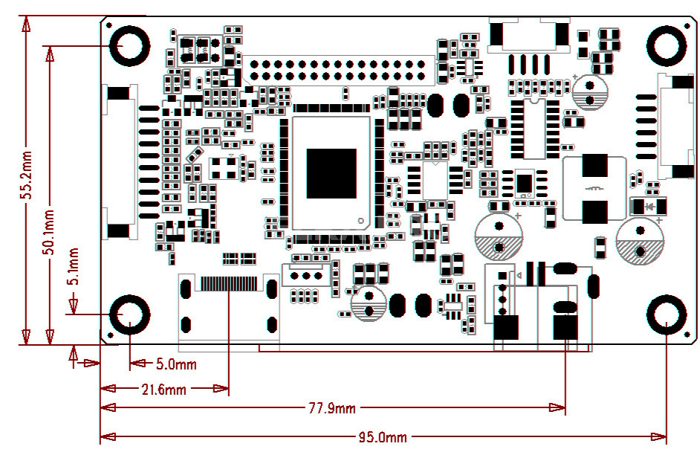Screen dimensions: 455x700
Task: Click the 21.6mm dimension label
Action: pyautogui.click(x=163, y=389)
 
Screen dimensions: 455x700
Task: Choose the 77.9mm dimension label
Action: pyautogui.click(x=332, y=408)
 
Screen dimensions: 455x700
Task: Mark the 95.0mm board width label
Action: pyautogui.click(x=383, y=438)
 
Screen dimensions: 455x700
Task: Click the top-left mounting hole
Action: pyautogui.click(x=129, y=46)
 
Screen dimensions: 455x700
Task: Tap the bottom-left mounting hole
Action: pyautogui.click(x=129, y=315)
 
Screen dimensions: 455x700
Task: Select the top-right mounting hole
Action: pyautogui.click(x=667, y=46)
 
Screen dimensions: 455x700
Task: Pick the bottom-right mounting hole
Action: pyautogui.click(x=667, y=315)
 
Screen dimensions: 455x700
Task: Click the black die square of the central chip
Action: pyautogui.click(x=331, y=173)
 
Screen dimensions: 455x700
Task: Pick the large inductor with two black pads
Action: pyautogui.click(x=594, y=188)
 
